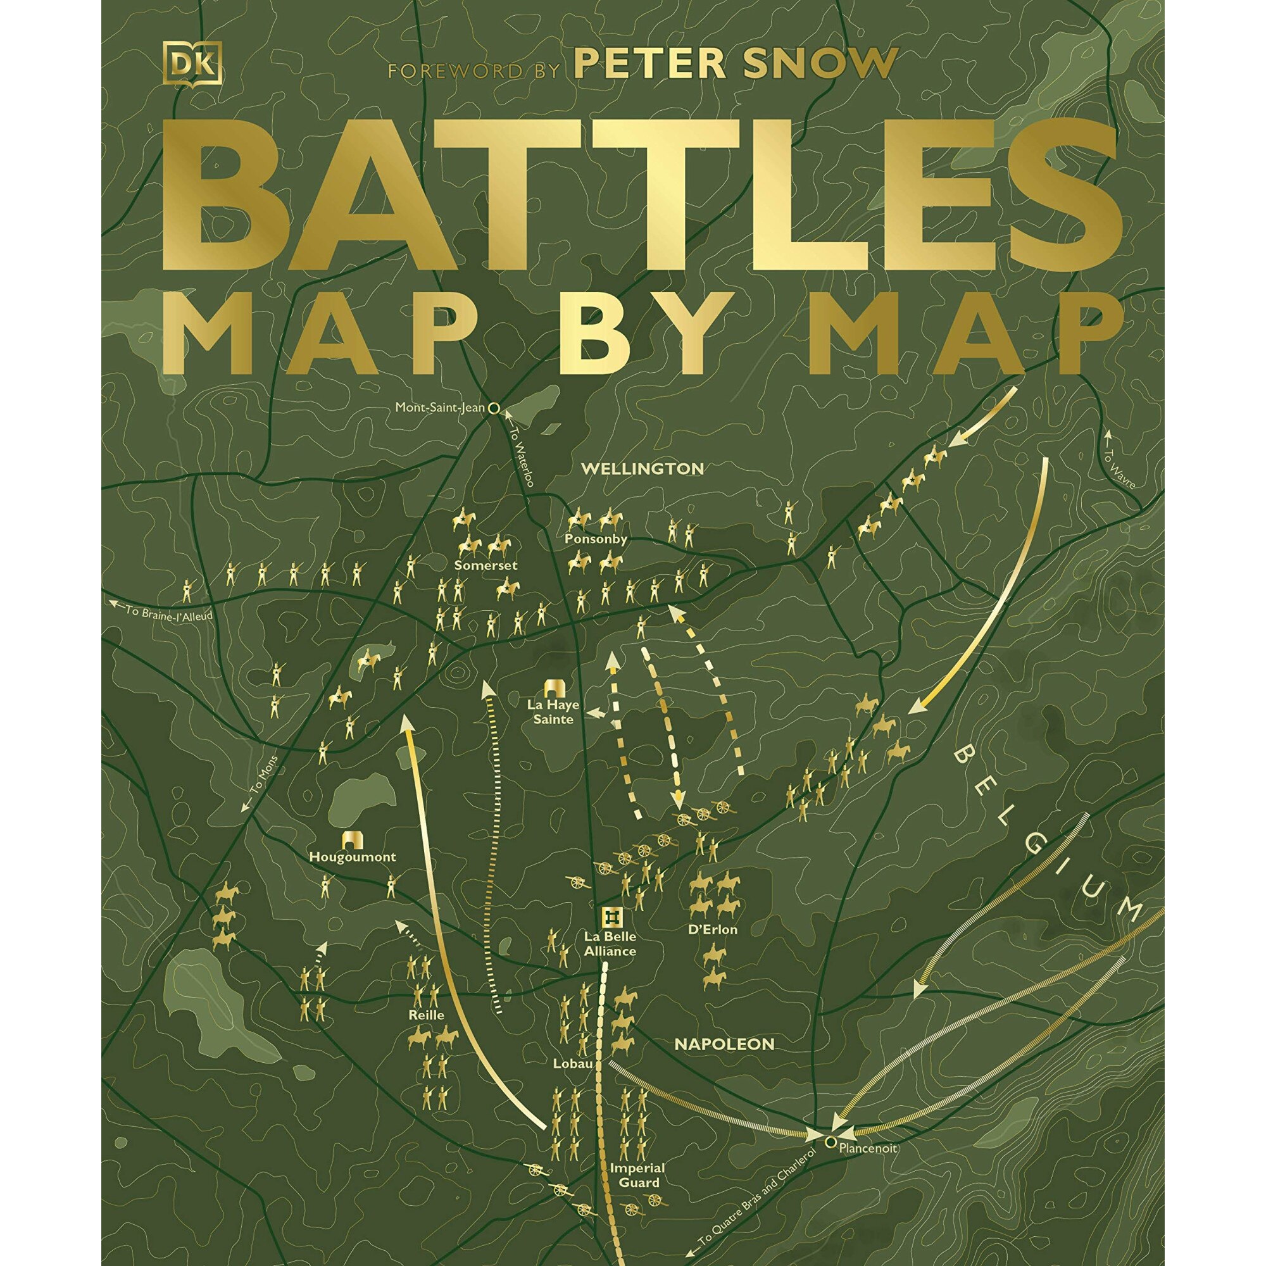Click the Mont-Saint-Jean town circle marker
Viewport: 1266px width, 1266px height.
pyautogui.click(x=495, y=408)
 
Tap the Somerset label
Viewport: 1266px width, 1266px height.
pyautogui.click(x=487, y=565)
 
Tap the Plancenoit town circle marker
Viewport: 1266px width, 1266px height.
pyautogui.click(x=830, y=1160)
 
